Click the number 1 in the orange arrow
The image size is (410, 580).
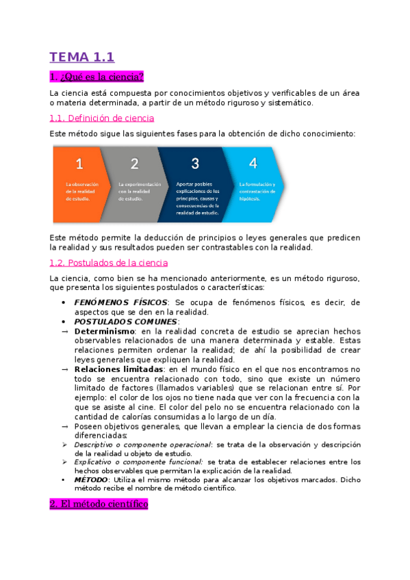pos(79,163)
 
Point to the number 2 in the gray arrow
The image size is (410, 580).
pos(134,163)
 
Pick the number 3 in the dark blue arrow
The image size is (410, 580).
pos(195,163)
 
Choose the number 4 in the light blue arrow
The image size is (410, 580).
pos(253,163)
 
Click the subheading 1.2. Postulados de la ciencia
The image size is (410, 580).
pos(108,263)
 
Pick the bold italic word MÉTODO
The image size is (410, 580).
pos(90,480)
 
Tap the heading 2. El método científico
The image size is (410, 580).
pos(99,504)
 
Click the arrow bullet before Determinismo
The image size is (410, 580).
pos(64,331)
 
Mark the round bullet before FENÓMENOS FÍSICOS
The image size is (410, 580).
pos(64,302)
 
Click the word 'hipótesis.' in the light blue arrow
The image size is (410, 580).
pos(250,199)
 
